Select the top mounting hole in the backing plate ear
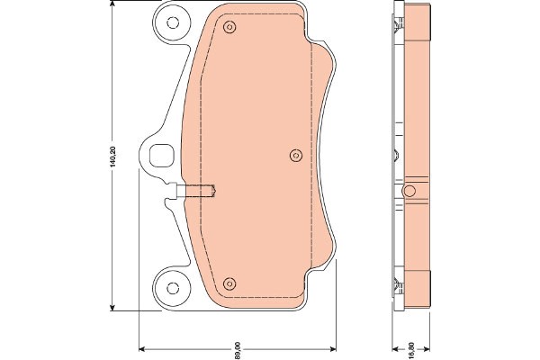(173, 22)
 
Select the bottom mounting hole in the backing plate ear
(173, 288)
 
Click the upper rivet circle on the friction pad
(229, 27)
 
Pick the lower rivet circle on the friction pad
(229, 283)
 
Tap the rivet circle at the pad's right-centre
(296, 156)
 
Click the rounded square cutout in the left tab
(161, 156)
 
